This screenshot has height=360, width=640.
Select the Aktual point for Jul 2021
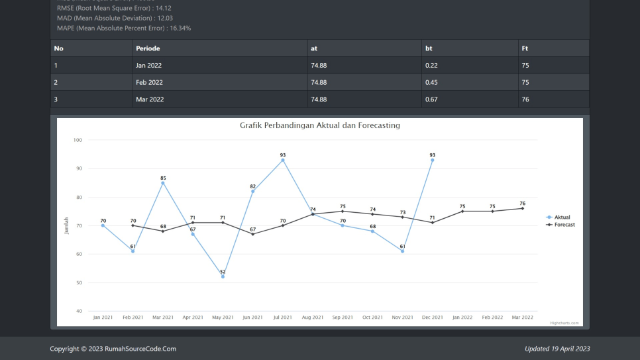point(283,160)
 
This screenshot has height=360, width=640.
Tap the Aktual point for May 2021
point(223,276)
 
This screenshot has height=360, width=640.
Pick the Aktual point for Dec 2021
point(432,160)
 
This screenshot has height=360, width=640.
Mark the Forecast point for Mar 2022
point(522,208)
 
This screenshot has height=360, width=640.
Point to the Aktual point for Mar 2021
point(163,183)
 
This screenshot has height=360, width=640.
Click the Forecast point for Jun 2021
point(252,234)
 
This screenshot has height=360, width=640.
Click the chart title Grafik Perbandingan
point(319,125)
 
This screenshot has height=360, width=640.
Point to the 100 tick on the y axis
point(78,140)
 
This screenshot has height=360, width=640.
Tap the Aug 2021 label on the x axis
point(313,318)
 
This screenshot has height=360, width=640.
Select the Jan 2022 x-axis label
point(462,318)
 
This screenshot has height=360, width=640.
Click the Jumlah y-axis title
point(66,225)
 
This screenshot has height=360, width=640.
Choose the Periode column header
point(148,48)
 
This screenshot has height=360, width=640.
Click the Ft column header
point(525,48)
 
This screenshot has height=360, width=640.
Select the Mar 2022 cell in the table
point(149,99)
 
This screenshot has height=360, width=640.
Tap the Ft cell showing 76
point(525,99)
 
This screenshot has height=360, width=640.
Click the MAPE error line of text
point(124,29)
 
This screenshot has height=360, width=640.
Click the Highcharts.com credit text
point(564,323)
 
